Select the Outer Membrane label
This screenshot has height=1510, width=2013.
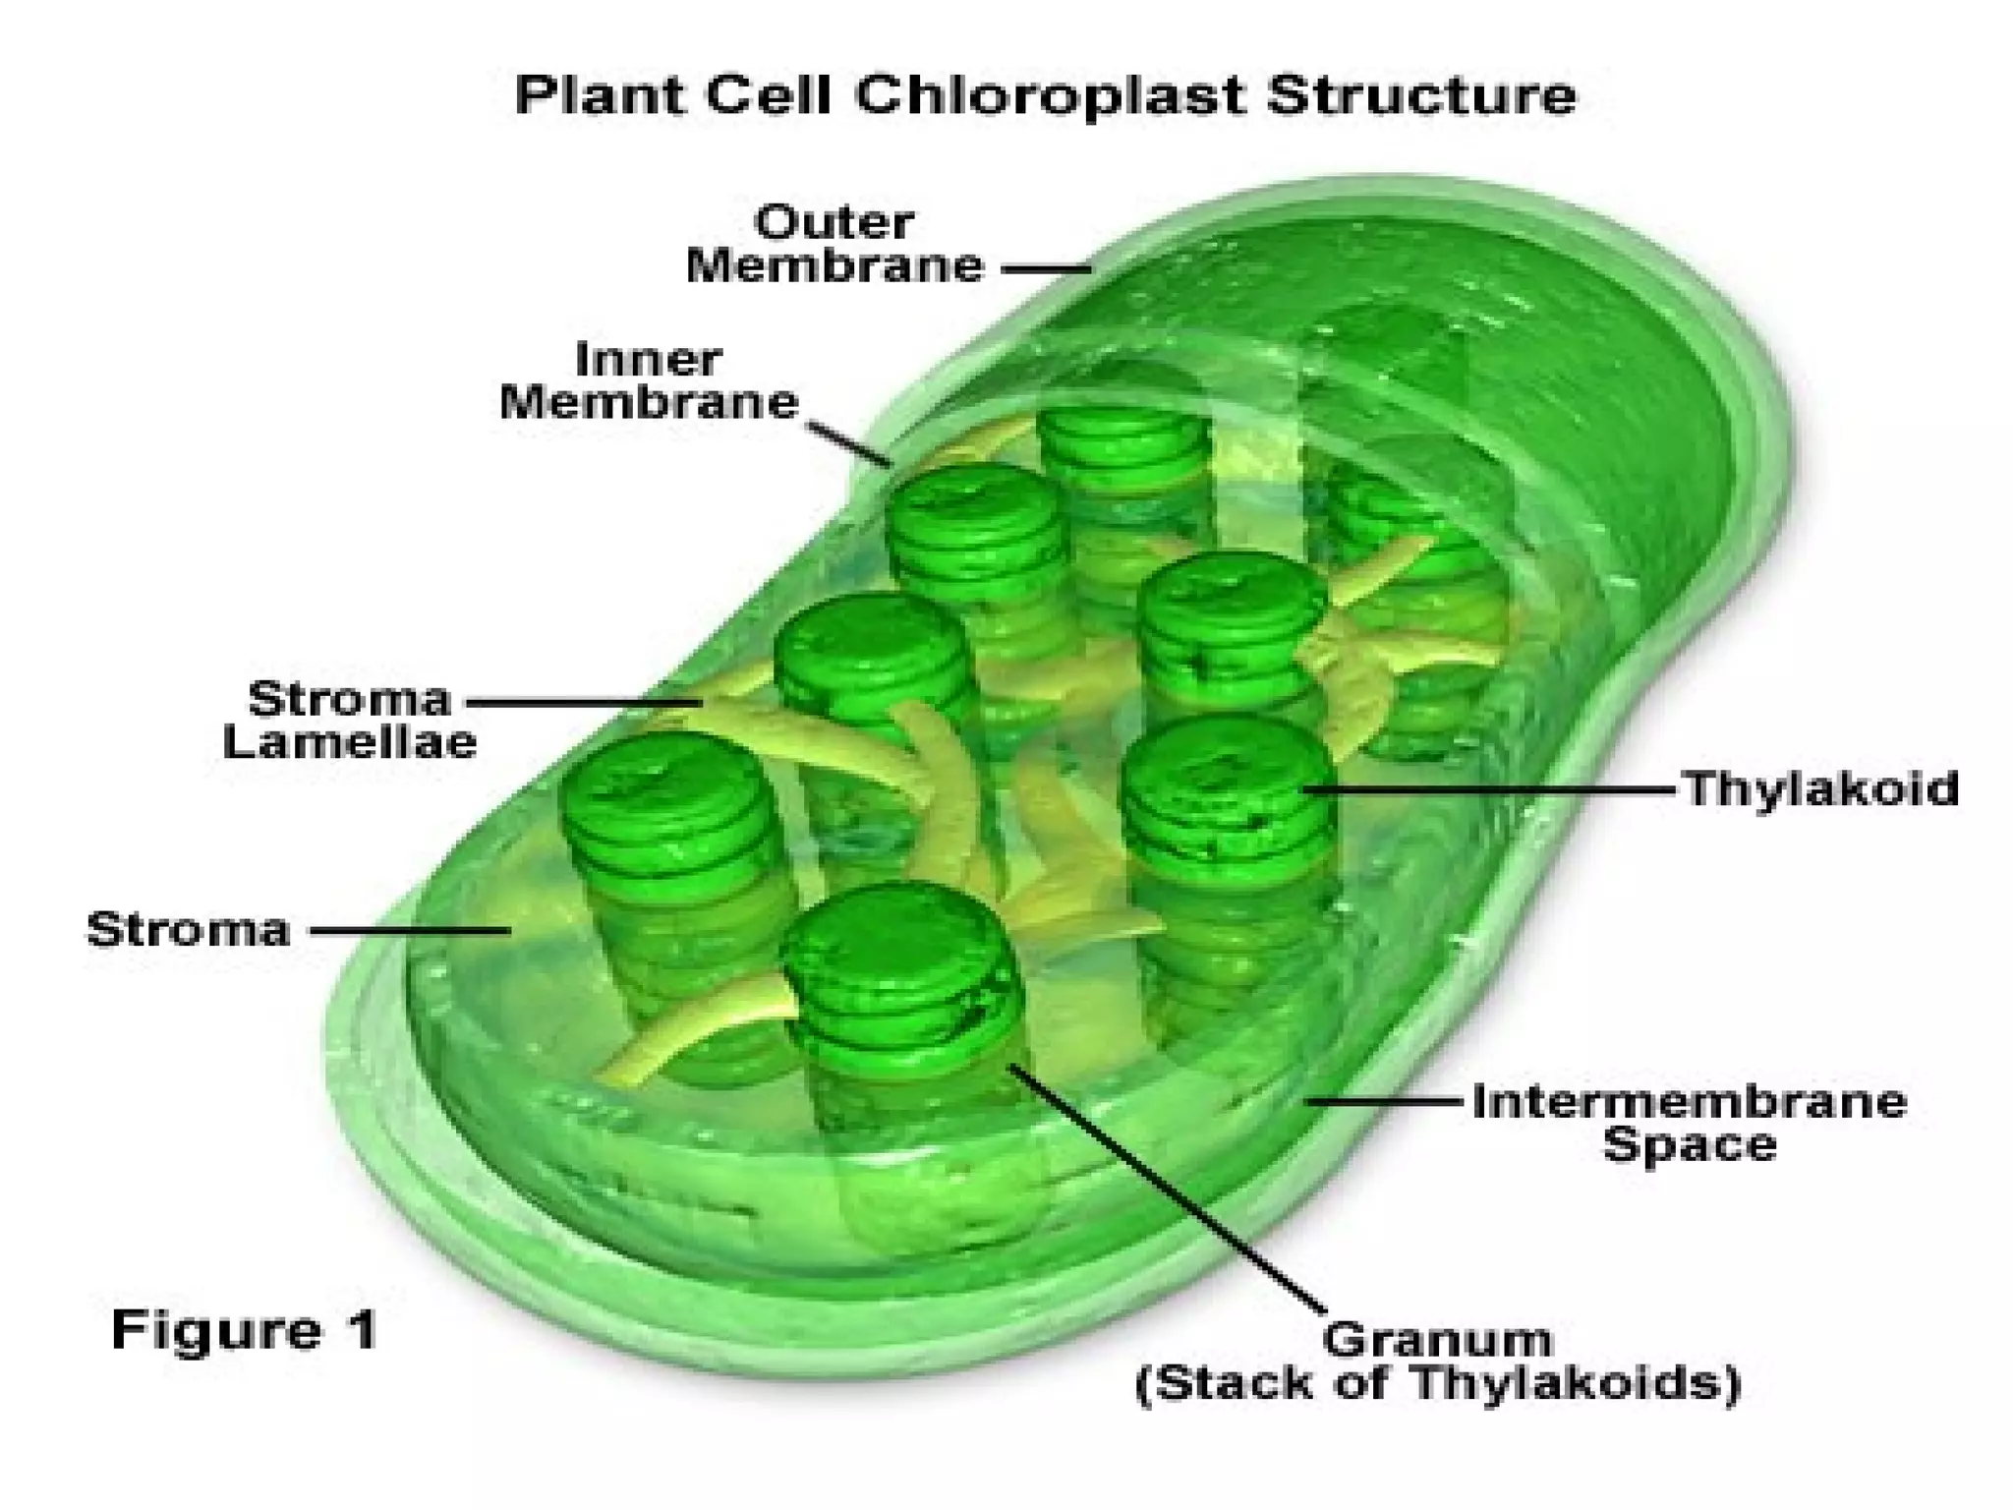pos(834,245)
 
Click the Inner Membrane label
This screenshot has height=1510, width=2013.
pos(649,381)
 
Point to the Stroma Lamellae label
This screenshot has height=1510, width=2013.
pos(350,720)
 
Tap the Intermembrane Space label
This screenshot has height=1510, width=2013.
pos(1690,1123)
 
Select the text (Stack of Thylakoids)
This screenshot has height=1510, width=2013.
pos(1438,1384)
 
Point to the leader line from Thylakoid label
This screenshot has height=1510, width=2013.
pos(1494,788)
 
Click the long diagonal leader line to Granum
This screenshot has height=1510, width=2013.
pos(1170,1190)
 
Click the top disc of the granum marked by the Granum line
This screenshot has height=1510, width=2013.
pos(899,944)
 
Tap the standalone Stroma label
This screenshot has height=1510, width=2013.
pos(189,929)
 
